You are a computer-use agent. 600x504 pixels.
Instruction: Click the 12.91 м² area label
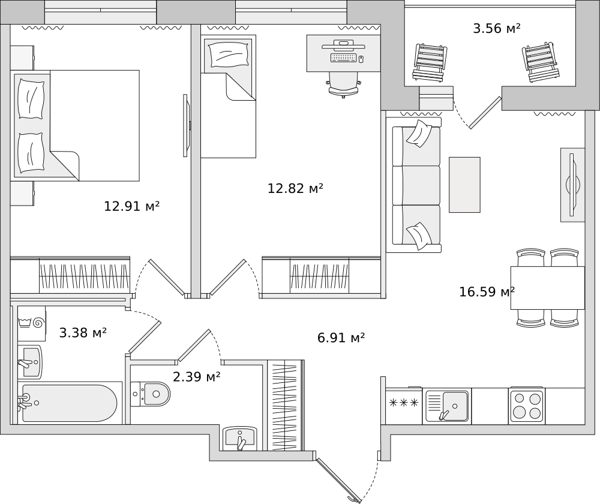[x=131, y=206]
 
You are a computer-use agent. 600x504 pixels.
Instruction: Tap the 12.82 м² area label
[x=295, y=188]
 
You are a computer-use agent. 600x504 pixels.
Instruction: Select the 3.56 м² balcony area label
[x=497, y=28]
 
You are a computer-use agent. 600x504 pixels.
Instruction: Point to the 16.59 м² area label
[x=487, y=292]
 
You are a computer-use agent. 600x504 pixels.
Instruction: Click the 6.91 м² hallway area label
[x=341, y=338]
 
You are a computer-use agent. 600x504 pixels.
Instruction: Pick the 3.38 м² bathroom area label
[x=83, y=333]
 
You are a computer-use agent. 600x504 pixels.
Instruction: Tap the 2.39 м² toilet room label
[x=197, y=377]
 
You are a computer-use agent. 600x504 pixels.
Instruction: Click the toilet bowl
[x=151, y=394]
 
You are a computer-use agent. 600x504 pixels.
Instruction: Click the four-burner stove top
[x=526, y=406]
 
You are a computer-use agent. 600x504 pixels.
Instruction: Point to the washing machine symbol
[x=32, y=323]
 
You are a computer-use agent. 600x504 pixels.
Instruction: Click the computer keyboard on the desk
[x=344, y=58]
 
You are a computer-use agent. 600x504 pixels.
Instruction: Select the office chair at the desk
[x=343, y=85]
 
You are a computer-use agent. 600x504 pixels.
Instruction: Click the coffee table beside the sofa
[x=464, y=185]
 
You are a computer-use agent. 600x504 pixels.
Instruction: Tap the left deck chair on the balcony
[x=430, y=63]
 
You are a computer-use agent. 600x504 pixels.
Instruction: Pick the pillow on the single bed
[x=229, y=53]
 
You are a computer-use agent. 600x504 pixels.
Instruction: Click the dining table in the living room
[x=548, y=288]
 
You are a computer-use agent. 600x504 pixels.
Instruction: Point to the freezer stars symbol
[x=404, y=403]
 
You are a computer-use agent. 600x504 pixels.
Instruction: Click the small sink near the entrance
[x=240, y=439]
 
